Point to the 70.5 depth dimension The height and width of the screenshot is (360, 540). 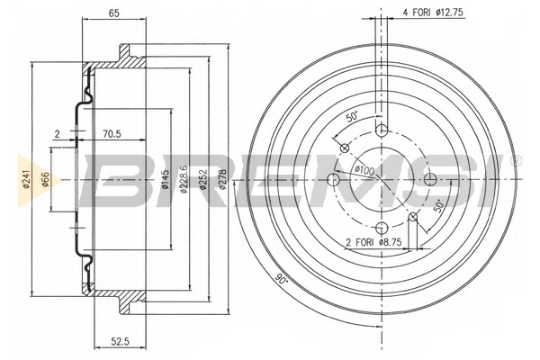pos(112,135)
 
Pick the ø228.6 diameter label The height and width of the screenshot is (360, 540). pos(184,178)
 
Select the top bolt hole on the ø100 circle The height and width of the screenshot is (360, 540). pos(381,131)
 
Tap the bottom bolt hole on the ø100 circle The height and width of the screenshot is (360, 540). pos(381,228)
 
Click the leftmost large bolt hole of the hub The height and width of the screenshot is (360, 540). pos(333,180)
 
